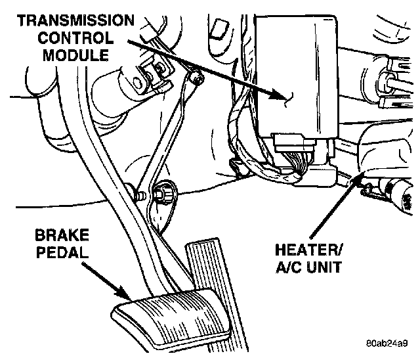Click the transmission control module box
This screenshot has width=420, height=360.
tap(295, 72)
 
